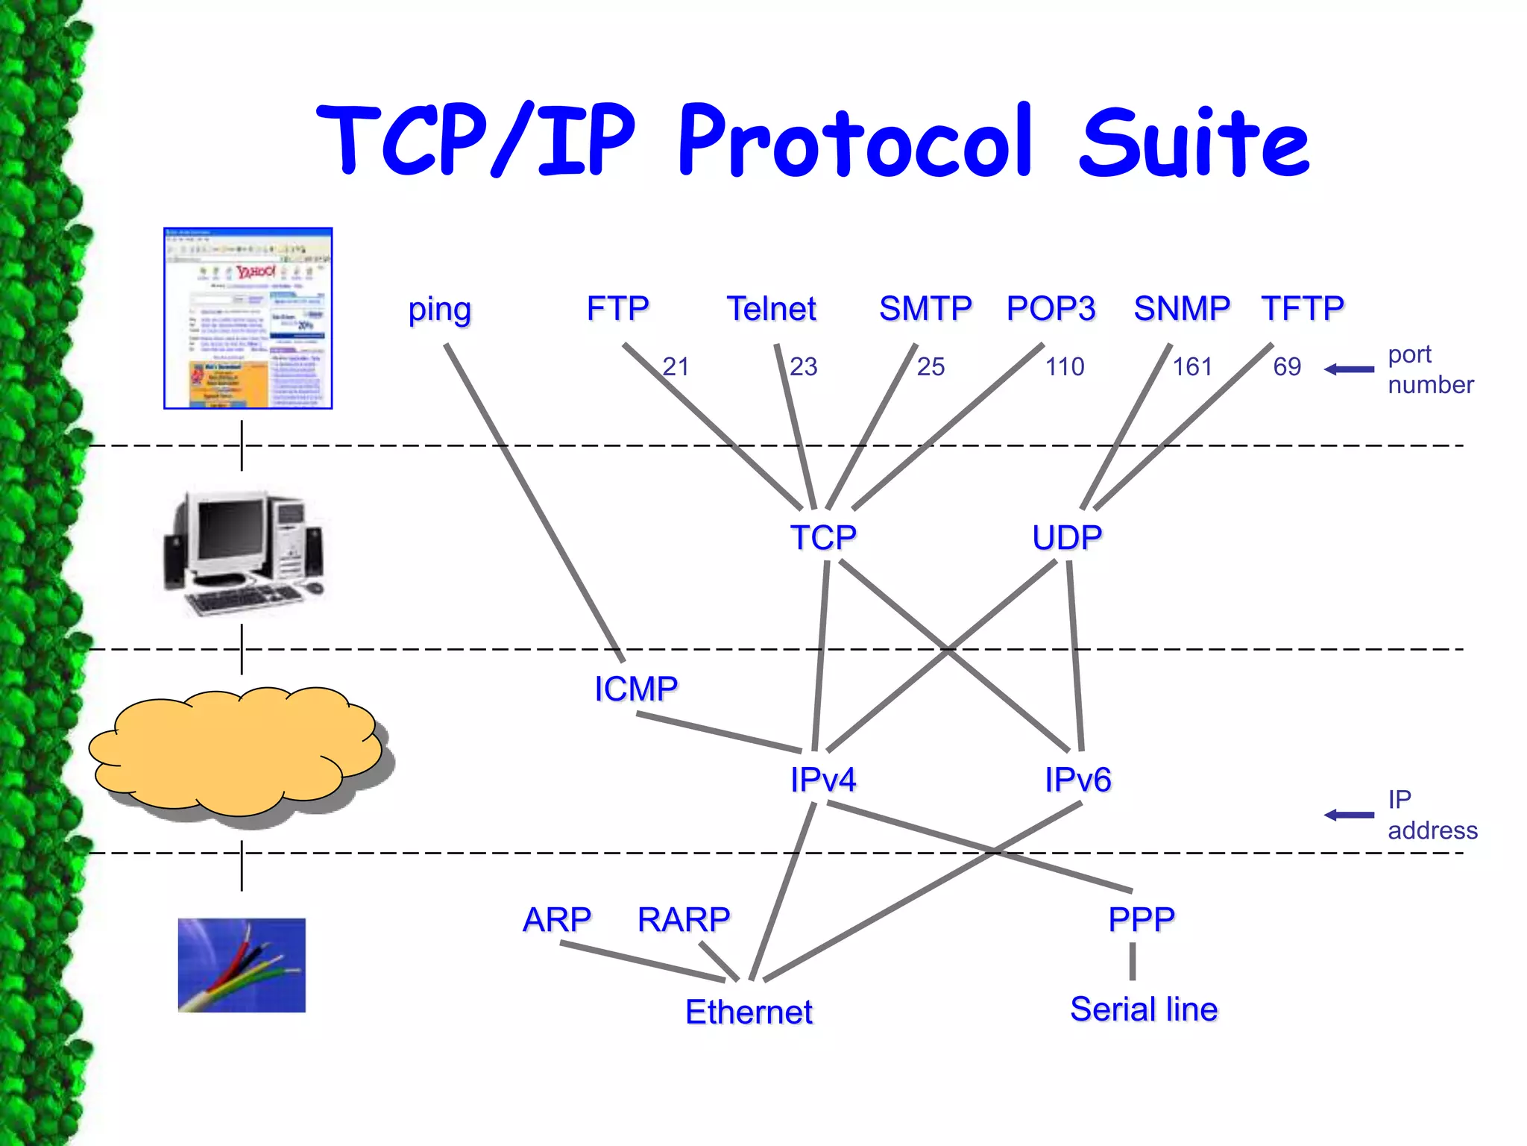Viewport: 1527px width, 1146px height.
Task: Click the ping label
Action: [x=439, y=310]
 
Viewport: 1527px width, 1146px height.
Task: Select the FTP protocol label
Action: [x=617, y=309]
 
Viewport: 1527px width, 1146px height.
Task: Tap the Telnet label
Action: [x=771, y=309]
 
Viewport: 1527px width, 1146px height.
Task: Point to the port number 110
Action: [x=1064, y=366]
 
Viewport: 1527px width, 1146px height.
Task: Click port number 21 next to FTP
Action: [x=676, y=366]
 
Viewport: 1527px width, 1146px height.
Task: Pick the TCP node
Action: [x=823, y=537]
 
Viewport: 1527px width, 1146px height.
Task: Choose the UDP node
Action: [x=1067, y=537]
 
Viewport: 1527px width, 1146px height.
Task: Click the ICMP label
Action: [x=636, y=689]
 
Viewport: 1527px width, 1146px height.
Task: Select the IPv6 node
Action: [x=1077, y=780]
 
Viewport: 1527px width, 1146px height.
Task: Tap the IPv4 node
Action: [x=823, y=780]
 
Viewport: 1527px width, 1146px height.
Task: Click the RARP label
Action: [x=684, y=919]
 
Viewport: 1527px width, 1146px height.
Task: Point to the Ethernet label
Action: [x=749, y=1012]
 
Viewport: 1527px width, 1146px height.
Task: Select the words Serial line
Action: [x=1144, y=1009]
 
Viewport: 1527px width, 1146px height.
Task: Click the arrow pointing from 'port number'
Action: [x=1349, y=369]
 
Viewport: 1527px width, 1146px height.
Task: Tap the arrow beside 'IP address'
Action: [x=1349, y=815]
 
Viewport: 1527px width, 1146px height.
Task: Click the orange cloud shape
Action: [x=235, y=750]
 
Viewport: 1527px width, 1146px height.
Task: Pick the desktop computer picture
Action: [x=244, y=552]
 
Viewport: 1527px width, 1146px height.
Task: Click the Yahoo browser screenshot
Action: [x=248, y=319]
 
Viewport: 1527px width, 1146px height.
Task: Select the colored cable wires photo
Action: [x=242, y=965]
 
